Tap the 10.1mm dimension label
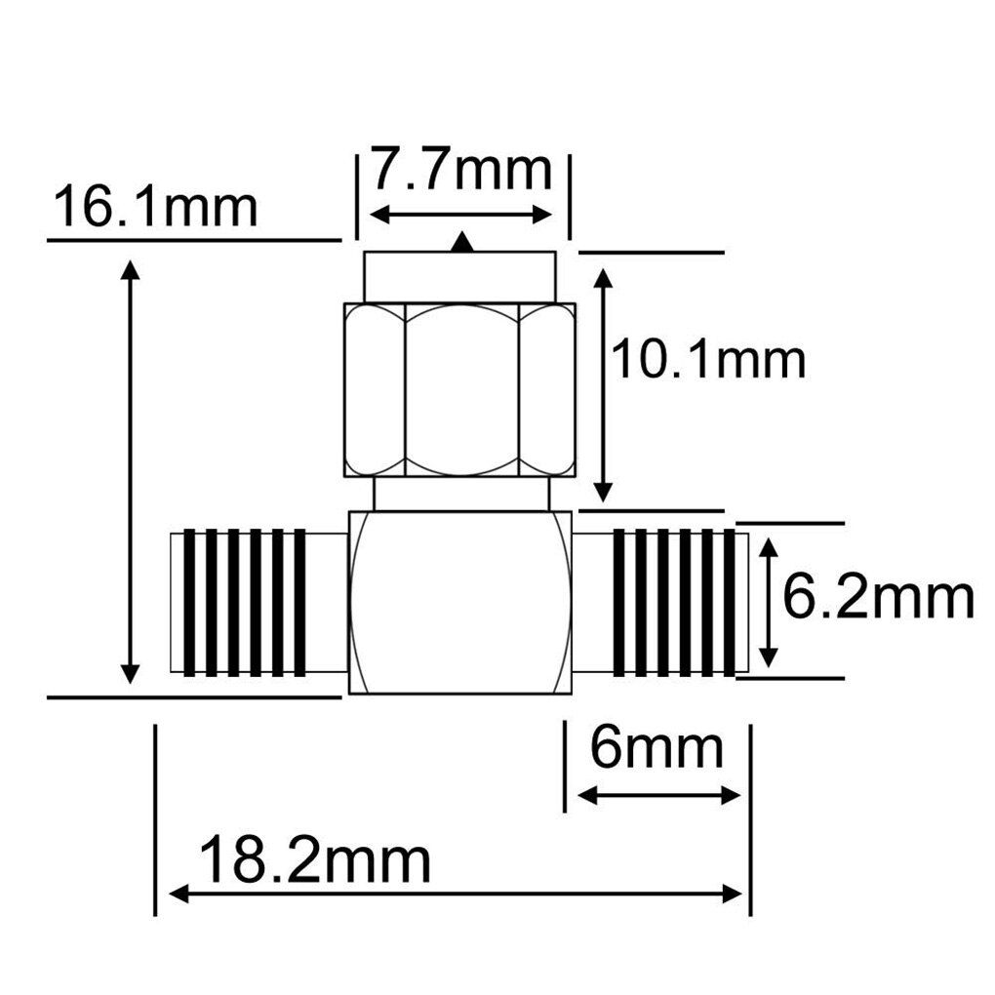click(708, 361)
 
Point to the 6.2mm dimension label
click(878, 599)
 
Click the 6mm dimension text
click(657, 749)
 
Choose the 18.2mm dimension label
click(314, 860)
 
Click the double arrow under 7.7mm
click(462, 215)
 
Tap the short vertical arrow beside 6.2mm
click(769, 600)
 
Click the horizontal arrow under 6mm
click(659, 795)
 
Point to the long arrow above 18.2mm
click(457, 893)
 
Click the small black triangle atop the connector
click(464, 244)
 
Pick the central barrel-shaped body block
click(459, 602)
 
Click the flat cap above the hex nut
click(459, 277)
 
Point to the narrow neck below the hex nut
click(459, 493)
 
